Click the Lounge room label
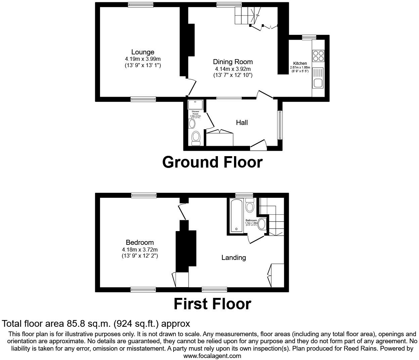pyautogui.click(x=143, y=52)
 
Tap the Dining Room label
pyautogui.click(x=233, y=62)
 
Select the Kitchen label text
pyautogui.click(x=300, y=63)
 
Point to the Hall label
pyautogui.click(x=242, y=123)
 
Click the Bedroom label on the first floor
pyautogui.click(x=140, y=242)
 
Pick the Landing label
pyautogui.click(x=234, y=258)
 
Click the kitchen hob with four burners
pyautogui.click(x=318, y=55)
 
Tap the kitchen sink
pyautogui.click(x=318, y=83)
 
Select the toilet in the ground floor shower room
pyautogui.click(x=195, y=138)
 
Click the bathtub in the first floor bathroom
pyautogui.click(x=236, y=215)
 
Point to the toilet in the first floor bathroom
pyautogui.click(x=249, y=206)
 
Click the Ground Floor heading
pyautogui.click(x=212, y=162)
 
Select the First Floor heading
pyautogui.click(x=212, y=304)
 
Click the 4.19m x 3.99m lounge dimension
pyautogui.click(x=143, y=59)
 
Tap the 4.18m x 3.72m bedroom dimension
pyautogui.click(x=140, y=250)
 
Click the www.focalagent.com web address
pyautogui.click(x=212, y=356)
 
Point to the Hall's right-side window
pyautogui.click(x=279, y=125)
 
